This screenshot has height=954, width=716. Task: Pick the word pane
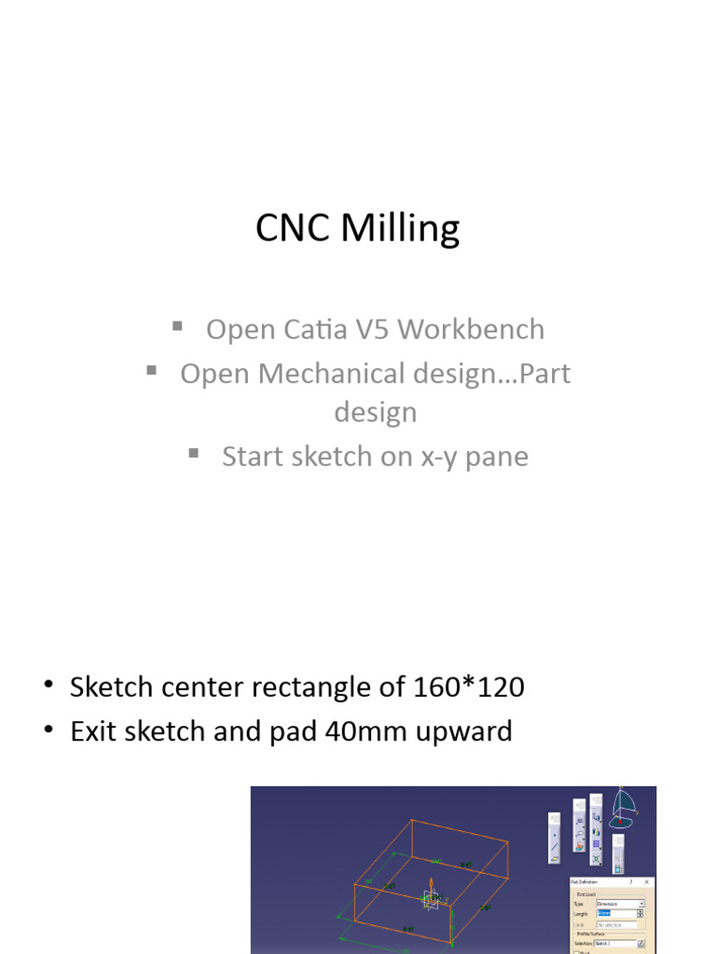pos(497,457)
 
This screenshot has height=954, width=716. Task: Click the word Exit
pos(92,731)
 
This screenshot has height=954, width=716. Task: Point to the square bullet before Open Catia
pos(177,325)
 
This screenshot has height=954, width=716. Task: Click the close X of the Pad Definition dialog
pos(648,881)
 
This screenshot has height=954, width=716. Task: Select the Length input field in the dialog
pos(618,914)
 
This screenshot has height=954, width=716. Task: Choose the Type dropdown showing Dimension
pos(619,904)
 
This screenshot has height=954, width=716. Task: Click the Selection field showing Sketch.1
pos(615,943)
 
